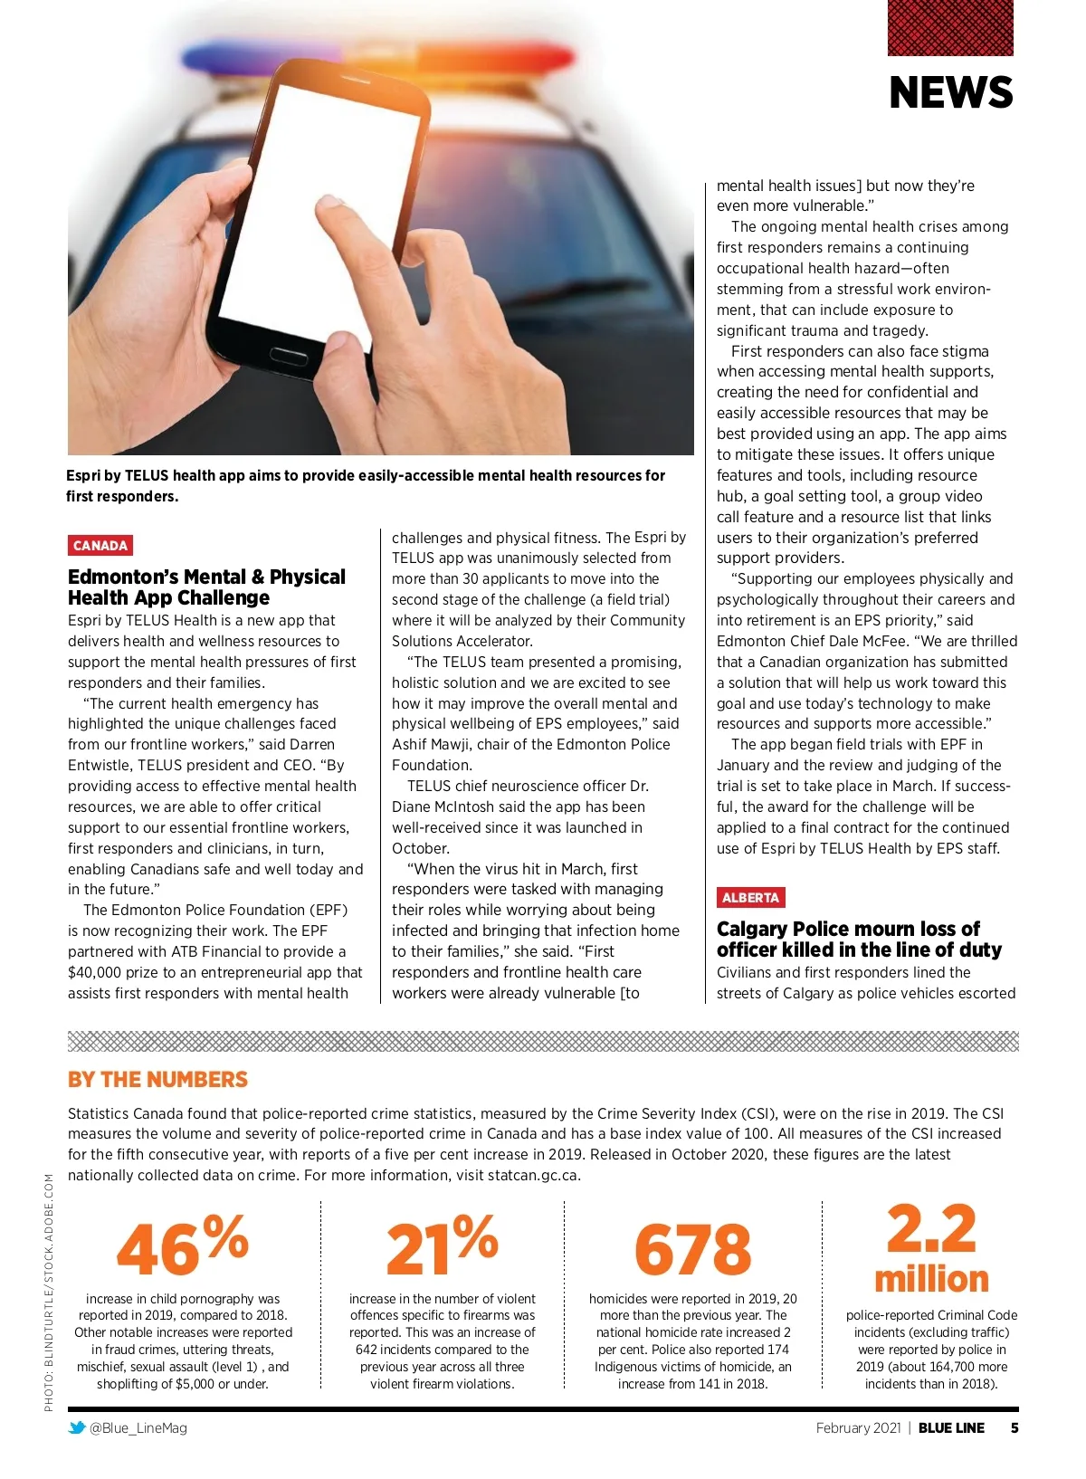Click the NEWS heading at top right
950,93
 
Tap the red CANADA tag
100,546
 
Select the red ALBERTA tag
750,898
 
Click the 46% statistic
182,1246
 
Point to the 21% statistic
442,1246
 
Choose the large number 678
692,1250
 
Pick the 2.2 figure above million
931,1229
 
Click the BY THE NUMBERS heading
157,1080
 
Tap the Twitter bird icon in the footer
78,1428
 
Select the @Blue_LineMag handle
138,1428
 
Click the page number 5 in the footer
1015,1428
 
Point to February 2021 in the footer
858,1428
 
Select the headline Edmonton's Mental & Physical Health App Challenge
206,587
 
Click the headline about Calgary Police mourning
859,940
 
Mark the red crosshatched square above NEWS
950,28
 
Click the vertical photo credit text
49,1292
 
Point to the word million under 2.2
931,1279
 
